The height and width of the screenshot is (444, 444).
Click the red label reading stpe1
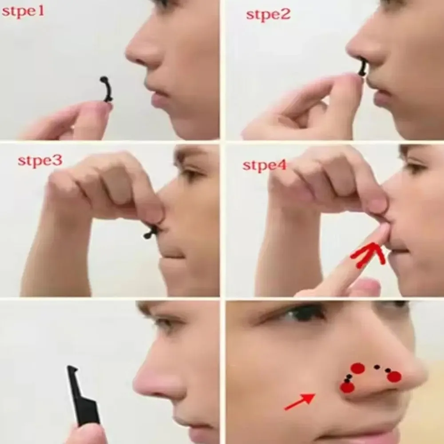click(23, 12)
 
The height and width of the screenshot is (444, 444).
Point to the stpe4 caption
click(265, 166)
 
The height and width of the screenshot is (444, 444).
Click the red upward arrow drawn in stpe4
click(369, 254)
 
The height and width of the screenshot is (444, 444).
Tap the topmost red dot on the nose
click(358, 368)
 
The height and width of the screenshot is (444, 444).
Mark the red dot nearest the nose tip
click(394, 377)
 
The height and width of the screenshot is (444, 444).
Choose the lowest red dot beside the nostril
click(347, 387)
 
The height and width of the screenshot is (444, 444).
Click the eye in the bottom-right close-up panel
click(306, 313)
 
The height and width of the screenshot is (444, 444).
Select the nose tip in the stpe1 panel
click(130, 55)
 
